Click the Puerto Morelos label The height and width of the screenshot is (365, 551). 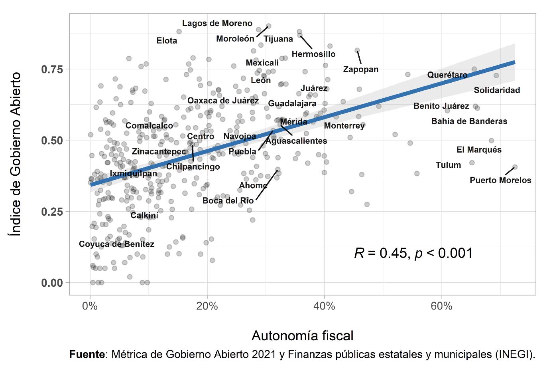500,180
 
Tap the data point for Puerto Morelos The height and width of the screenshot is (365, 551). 515,167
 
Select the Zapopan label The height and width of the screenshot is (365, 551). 361,69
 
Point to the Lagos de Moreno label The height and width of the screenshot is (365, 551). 217,24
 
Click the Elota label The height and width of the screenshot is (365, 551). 167,41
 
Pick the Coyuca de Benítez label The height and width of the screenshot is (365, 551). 116,244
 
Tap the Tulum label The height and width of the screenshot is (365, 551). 448,165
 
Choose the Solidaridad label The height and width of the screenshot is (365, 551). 497,90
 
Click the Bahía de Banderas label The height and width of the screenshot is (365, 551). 469,121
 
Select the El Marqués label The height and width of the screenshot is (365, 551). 479,150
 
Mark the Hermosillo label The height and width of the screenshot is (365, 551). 313,54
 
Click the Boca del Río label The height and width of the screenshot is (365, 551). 228,200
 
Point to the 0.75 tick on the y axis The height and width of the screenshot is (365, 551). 52,69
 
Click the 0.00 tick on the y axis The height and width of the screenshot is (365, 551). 52,283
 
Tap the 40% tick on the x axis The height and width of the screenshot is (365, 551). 324,306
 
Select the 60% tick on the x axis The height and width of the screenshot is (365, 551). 441,306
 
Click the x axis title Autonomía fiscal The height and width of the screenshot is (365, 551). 303,335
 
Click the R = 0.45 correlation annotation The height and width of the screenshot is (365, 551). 413,253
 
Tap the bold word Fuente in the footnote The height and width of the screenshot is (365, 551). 87,354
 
